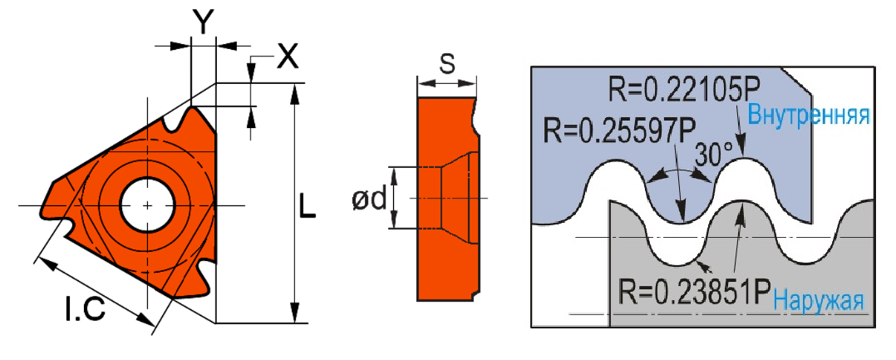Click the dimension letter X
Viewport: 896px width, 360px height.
[x=287, y=57]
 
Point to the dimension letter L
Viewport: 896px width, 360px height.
[x=308, y=206]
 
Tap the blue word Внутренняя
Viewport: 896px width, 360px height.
[x=809, y=115]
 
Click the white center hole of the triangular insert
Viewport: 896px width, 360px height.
[x=146, y=205]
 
